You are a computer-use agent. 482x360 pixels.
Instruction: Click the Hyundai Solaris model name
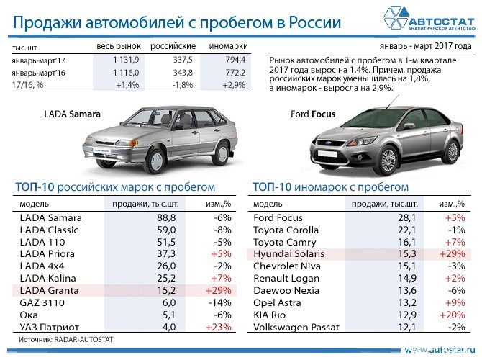289,254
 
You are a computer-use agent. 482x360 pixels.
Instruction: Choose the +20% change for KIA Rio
453,315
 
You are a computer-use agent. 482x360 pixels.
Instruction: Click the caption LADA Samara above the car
73,114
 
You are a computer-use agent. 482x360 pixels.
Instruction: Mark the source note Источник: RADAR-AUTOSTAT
65,338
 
